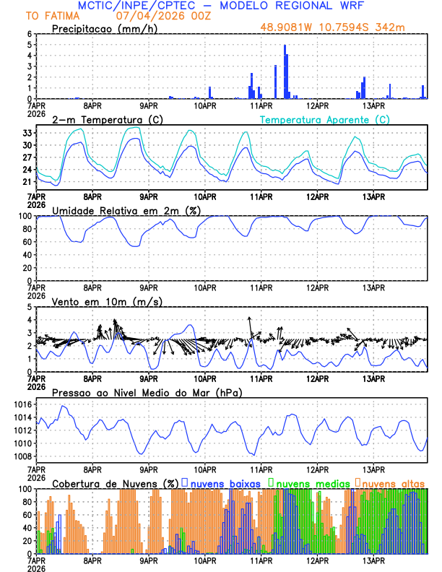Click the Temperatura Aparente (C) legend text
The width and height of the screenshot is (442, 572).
click(324, 119)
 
